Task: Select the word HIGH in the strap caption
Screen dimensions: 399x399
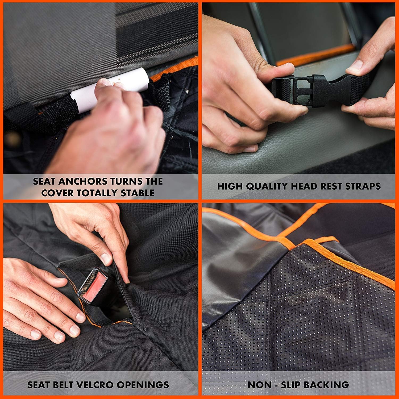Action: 230,186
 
